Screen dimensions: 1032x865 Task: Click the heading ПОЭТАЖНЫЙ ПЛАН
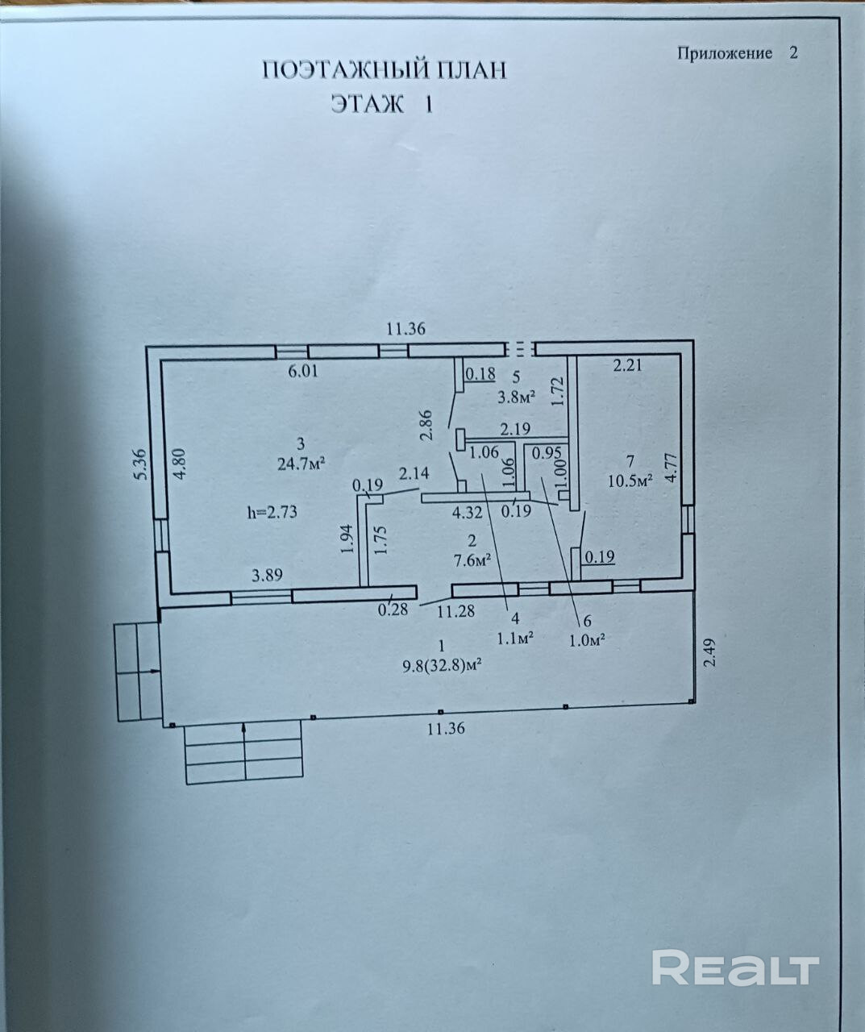385,70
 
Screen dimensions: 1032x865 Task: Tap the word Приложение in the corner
725,53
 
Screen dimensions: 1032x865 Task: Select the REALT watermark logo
735,967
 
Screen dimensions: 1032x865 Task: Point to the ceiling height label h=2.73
273,511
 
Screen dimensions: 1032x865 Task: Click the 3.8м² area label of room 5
517,396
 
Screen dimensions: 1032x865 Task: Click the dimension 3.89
267,576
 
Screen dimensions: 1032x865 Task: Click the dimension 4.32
468,511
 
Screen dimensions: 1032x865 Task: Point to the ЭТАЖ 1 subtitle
381,105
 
